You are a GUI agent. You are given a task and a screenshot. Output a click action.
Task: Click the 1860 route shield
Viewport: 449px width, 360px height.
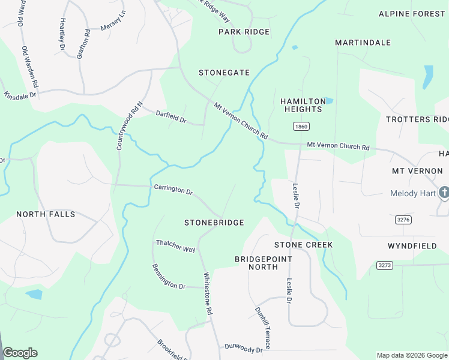301,127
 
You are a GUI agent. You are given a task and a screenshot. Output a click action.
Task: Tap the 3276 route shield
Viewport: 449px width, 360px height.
403,220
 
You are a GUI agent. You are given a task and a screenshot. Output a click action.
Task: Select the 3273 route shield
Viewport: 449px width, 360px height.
385,265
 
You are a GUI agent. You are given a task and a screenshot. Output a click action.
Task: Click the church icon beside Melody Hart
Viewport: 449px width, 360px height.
444,193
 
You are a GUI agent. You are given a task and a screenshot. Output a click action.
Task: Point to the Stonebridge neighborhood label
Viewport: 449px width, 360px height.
214,223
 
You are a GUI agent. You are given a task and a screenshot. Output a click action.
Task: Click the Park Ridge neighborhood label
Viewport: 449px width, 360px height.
244,32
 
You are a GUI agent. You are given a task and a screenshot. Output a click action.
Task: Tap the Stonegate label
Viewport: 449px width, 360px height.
224,73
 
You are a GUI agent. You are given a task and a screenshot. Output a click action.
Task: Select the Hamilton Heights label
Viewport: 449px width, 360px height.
303,106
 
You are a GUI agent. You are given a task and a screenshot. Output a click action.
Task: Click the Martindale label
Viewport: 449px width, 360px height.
363,43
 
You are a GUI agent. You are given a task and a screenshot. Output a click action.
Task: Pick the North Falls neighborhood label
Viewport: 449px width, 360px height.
46,214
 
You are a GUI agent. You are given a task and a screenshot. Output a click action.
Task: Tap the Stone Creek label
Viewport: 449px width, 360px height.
303,245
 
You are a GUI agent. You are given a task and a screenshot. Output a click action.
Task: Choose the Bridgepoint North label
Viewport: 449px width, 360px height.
264,263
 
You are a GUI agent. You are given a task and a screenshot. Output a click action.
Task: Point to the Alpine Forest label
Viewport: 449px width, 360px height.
412,14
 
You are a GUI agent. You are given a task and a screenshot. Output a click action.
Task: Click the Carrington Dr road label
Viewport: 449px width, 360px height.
173,190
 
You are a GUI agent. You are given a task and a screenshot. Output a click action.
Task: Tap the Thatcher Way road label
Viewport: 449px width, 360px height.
176,245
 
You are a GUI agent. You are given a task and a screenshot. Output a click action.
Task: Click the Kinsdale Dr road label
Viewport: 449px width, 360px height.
20,95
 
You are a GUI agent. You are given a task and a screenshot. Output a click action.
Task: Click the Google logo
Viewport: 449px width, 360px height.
20,353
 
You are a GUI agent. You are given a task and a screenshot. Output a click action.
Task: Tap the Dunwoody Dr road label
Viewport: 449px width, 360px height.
244,347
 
